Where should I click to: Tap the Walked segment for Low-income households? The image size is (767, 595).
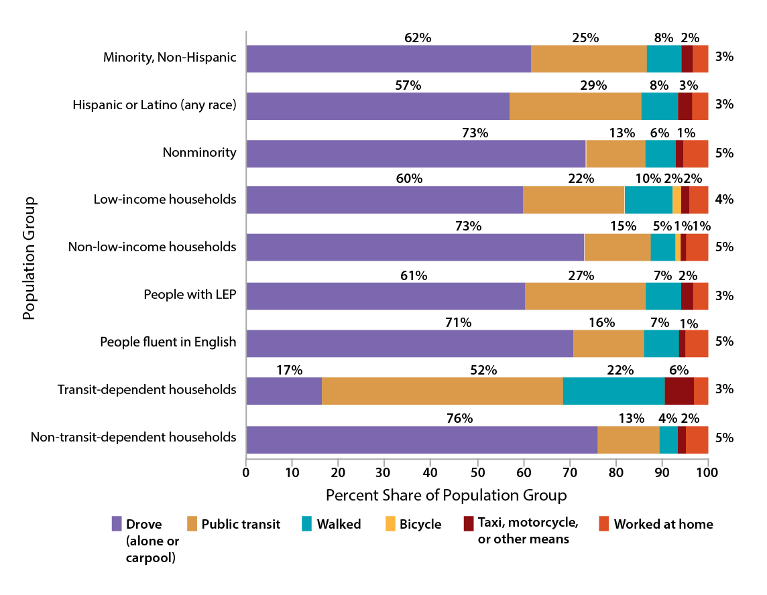[648, 200]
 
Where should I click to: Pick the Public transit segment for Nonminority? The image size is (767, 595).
[615, 153]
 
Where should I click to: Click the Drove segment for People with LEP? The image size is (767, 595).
[386, 296]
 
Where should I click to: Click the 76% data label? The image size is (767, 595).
[459, 419]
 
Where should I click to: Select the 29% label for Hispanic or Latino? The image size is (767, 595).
[593, 85]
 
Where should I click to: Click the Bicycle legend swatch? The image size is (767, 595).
[388, 524]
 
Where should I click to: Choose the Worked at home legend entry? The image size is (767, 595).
[663, 524]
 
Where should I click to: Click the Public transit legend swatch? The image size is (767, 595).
[192, 524]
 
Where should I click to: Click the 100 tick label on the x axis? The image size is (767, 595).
[707, 472]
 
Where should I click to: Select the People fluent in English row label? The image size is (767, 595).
[168, 342]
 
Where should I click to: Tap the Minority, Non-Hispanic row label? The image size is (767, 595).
[170, 57]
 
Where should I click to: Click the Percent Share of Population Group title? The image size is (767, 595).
[446, 496]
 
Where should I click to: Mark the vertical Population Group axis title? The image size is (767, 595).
[29, 258]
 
